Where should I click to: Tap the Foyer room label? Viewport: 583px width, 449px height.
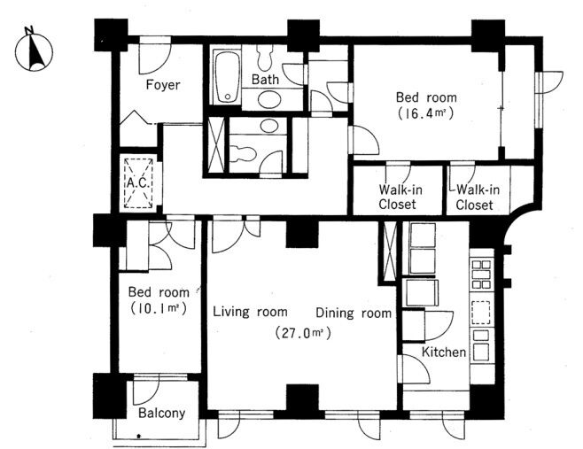pos(162,85)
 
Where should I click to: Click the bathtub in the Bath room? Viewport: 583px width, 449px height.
pos(227,76)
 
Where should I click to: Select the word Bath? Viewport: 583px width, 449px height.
pos(265,79)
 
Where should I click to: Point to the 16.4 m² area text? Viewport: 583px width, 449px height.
pos(426,113)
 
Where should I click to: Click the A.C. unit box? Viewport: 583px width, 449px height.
pos(138,183)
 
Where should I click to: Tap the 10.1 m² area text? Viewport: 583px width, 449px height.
pos(159,308)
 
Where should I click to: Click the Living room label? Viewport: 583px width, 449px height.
pos(250,312)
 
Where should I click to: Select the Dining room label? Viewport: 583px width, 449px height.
pos(354,313)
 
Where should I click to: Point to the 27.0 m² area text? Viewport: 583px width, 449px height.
pos(303,332)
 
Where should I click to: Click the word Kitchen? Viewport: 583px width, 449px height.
pos(444,352)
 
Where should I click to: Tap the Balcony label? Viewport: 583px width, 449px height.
pos(162,413)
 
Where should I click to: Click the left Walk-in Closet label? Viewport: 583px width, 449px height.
pos(399,197)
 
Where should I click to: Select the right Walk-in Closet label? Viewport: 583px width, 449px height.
pos(476,197)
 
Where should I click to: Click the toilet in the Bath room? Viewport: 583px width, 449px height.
pos(264,58)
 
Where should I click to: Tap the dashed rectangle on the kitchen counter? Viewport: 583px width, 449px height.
pos(481,313)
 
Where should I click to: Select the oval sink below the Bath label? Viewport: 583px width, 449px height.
pos(269,99)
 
